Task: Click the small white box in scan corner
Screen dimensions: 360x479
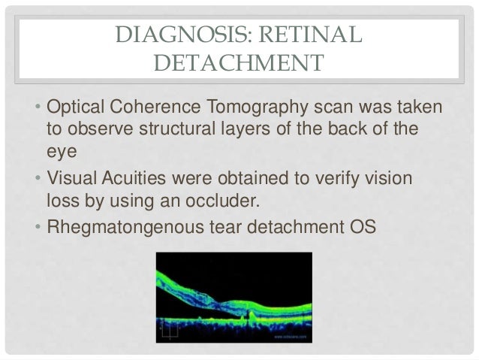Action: click(x=170, y=328)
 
